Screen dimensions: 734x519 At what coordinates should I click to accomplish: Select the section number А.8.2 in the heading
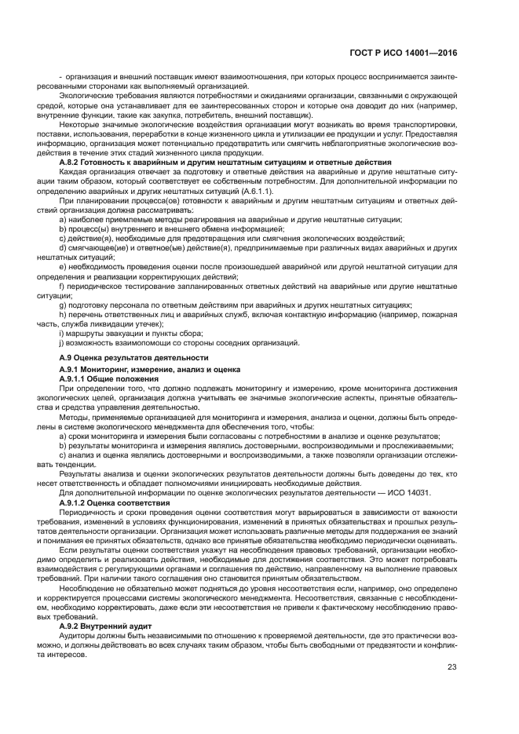pos(71,162)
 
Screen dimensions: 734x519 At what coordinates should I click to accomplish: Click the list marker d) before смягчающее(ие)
pos(63,247)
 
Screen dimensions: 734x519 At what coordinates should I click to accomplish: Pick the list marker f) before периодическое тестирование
pos(62,287)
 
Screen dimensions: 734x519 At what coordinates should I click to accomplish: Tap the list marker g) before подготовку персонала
pos(63,305)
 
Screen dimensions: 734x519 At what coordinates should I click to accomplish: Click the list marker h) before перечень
pos(63,315)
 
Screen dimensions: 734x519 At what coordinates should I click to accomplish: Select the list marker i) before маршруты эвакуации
pos(62,334)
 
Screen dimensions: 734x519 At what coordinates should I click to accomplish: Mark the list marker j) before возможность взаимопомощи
pos(62,343)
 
